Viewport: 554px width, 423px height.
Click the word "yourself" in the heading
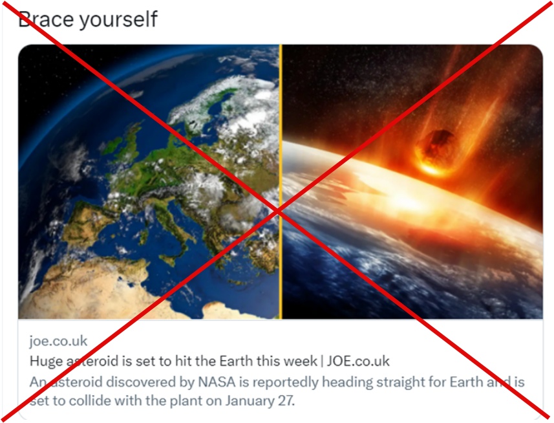tap(118, 19)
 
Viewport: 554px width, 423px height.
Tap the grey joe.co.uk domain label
tap(58, 341)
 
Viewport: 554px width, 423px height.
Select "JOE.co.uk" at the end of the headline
tap(358, 361)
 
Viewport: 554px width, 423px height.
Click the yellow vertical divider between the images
tap(281, 182)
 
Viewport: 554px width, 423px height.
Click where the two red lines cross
tap(279, 211)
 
